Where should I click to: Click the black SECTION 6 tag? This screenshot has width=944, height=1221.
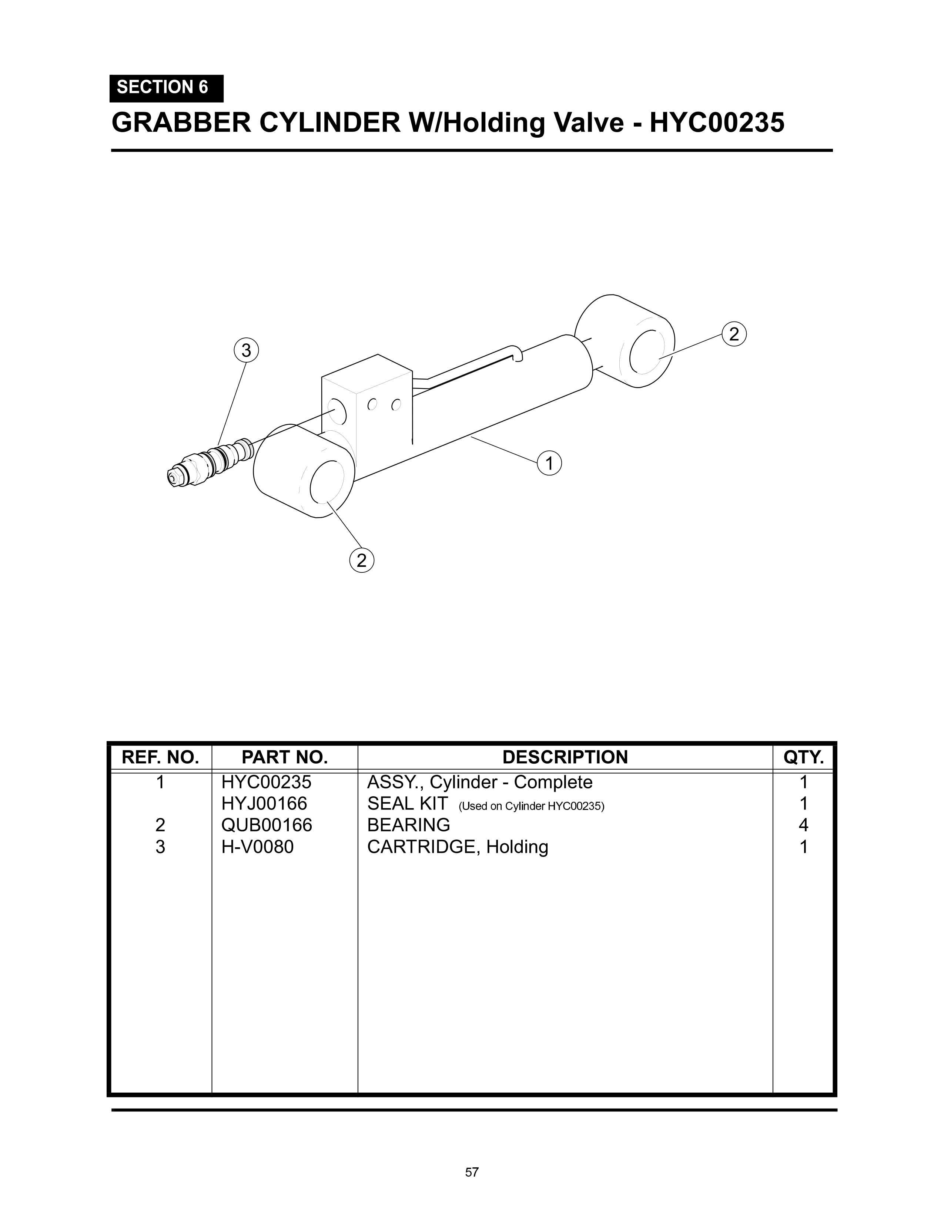[x=166, y=88]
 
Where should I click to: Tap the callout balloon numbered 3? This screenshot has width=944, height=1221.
[x=246, y=350]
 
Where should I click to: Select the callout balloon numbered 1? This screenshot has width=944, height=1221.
[x=549, y=464]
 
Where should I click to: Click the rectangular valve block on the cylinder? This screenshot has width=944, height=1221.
[x=366, y=403]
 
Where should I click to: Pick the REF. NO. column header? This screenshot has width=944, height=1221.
[x=160, y=757]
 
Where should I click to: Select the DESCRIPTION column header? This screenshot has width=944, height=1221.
[x=565, y=757]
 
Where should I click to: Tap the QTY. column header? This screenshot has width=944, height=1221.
[x=804, y=757]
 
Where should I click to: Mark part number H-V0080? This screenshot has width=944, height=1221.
[x=257, y=847]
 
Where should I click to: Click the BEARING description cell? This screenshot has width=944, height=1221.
[x=408, y=825]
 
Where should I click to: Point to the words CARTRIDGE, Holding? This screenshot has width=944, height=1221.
[x=458, y=847]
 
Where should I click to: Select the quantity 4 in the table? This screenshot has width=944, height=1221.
[x=804, y=825]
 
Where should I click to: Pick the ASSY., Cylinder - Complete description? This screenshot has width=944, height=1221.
[x=479, y=782]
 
